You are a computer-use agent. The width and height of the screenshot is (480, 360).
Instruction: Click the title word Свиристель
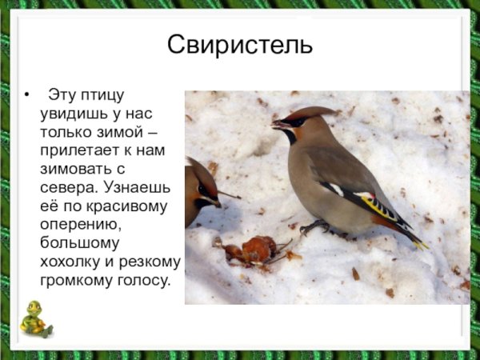click(240, 44)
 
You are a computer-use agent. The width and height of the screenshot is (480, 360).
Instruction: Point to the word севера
click(66, 188)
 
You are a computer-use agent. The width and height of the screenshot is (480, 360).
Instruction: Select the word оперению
click(79, 225)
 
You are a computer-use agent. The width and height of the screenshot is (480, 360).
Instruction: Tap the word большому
click(79, 243)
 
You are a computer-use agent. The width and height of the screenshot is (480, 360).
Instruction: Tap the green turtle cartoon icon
click(34, 318)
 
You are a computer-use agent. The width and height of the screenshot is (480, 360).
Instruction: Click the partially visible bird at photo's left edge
click(198, 192)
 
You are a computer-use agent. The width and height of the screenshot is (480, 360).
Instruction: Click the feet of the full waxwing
click(316, 228)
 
